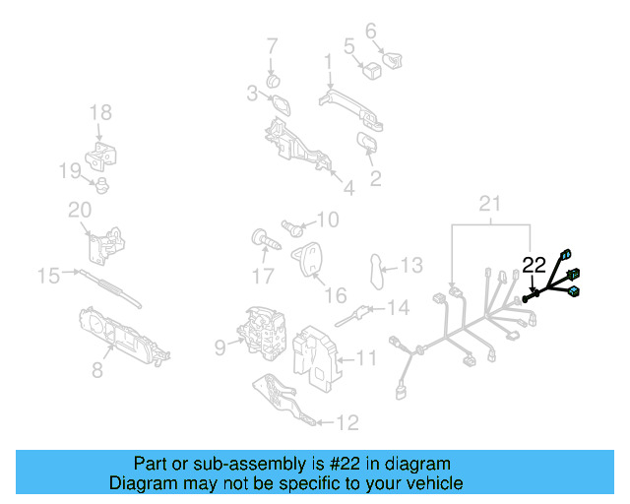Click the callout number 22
coord(534,264)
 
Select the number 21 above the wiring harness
coord(489,204)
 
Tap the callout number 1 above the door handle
coord(328,62)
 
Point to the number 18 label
coord(101,113)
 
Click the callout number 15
coord(48,276)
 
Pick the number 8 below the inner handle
coord(96,371)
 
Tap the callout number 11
coord(366,356)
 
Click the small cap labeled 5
coord(372,70)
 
